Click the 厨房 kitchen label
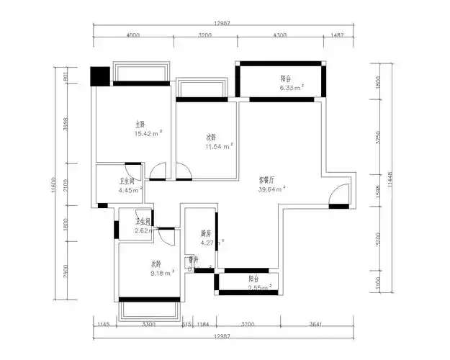205,233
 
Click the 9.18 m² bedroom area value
162,273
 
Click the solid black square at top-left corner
99,76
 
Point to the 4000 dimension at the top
132,35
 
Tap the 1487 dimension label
337,35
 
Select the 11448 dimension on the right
390,183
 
